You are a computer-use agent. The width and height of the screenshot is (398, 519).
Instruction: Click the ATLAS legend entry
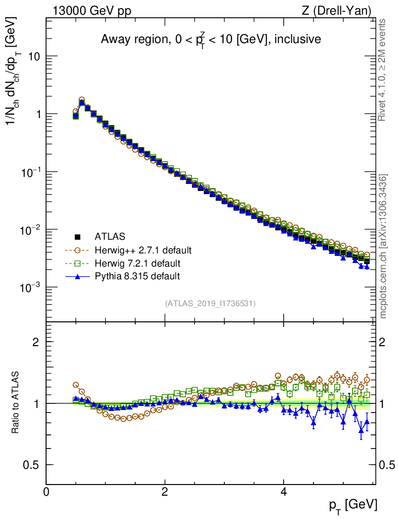110,236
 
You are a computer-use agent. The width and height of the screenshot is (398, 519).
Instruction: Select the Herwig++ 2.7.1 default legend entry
143,250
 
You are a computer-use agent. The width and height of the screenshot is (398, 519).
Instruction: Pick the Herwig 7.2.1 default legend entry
138,263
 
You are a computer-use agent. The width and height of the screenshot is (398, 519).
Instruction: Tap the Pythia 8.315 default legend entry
137,276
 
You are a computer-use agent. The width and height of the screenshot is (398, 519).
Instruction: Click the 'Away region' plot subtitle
211,39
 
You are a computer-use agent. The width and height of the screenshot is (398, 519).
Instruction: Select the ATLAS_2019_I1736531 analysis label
210,304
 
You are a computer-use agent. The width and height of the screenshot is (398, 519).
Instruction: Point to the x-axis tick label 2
165,492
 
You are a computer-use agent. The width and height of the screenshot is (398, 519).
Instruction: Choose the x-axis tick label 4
284,492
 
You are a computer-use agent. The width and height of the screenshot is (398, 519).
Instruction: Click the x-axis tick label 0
46,492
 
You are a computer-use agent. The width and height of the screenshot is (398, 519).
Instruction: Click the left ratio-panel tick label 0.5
33,465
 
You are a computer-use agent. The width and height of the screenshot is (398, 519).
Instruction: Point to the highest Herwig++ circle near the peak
82,100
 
